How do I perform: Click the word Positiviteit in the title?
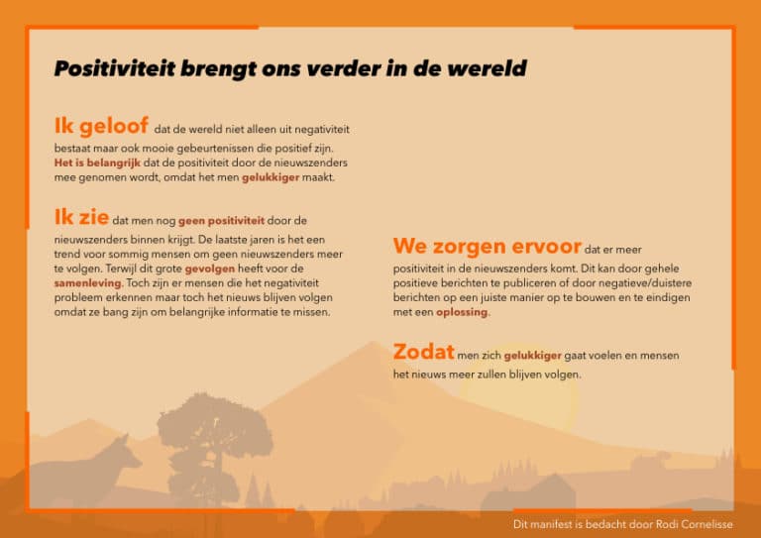[115, 69]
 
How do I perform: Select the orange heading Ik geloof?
[101, 126]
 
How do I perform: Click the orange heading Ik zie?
[81, 217]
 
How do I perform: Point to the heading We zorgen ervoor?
[488, 246]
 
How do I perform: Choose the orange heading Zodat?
[424, 352]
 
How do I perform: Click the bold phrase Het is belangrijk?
[97, 163]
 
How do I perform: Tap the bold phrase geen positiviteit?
[221, 221]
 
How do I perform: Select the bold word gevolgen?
[210, 269]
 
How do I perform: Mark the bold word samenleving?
[88, 282]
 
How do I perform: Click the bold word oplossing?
[462, 312]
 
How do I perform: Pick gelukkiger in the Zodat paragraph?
[532, 356]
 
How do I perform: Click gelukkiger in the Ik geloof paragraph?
[271, 177]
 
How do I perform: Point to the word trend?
[67, 255]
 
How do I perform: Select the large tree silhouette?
[214, 449]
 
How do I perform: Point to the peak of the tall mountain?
[373, 342]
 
